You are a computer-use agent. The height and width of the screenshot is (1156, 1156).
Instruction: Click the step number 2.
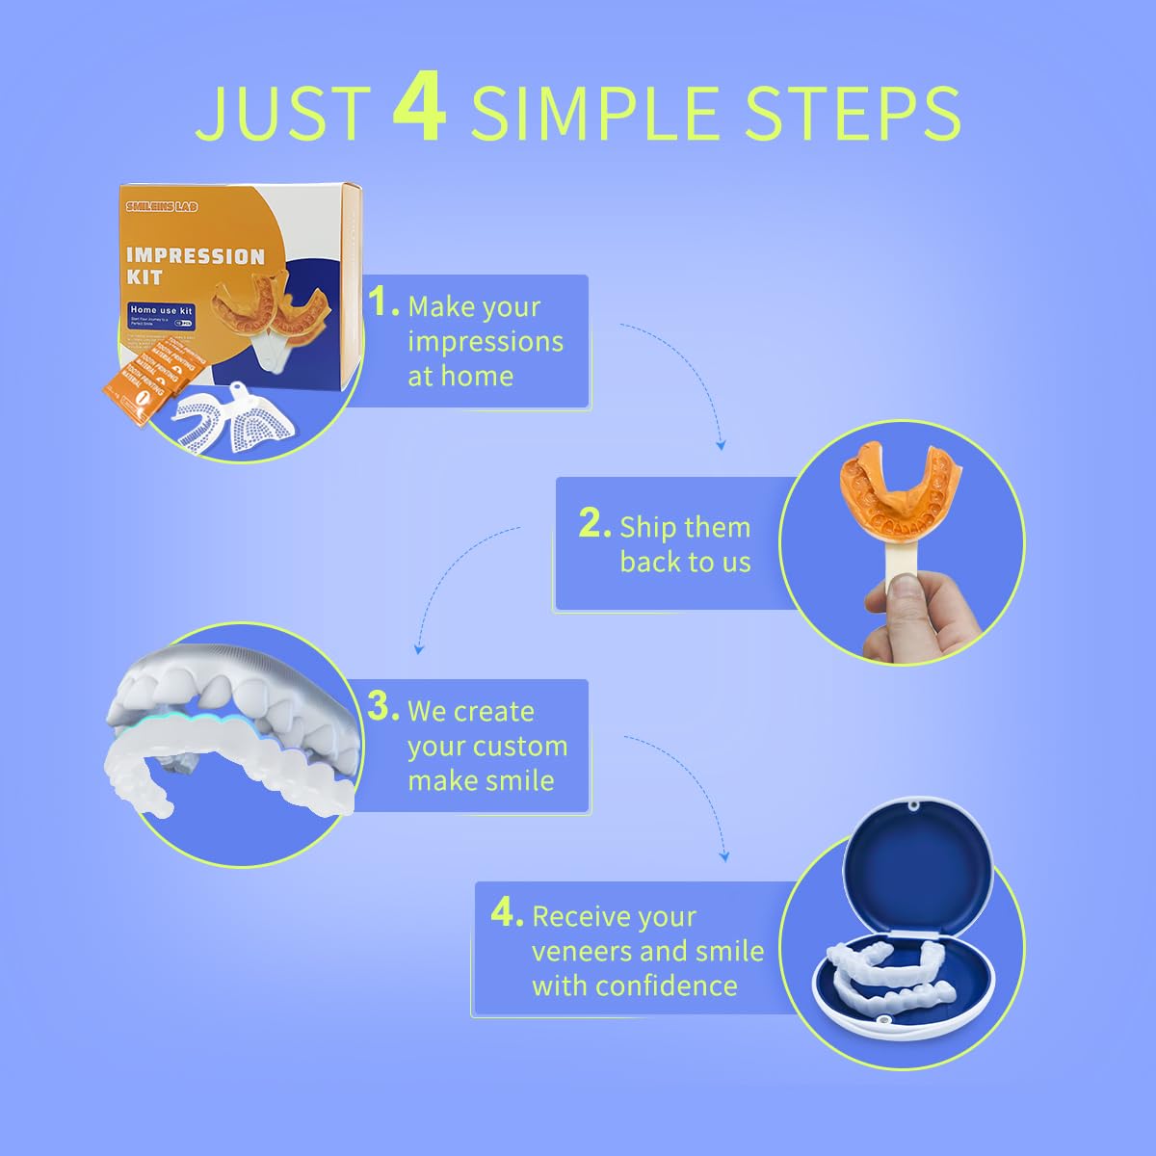point(593,525)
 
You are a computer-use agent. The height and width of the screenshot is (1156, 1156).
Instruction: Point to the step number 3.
point(381,708)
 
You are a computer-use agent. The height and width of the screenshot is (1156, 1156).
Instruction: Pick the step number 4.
point(506,913)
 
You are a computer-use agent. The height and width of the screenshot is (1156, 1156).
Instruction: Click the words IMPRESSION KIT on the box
point(195,266)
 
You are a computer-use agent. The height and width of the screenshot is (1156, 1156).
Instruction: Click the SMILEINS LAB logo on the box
point(161,206)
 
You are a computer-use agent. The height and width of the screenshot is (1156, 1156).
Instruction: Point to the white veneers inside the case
point(886,973)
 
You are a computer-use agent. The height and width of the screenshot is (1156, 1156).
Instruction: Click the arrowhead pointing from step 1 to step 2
point(721,445)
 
